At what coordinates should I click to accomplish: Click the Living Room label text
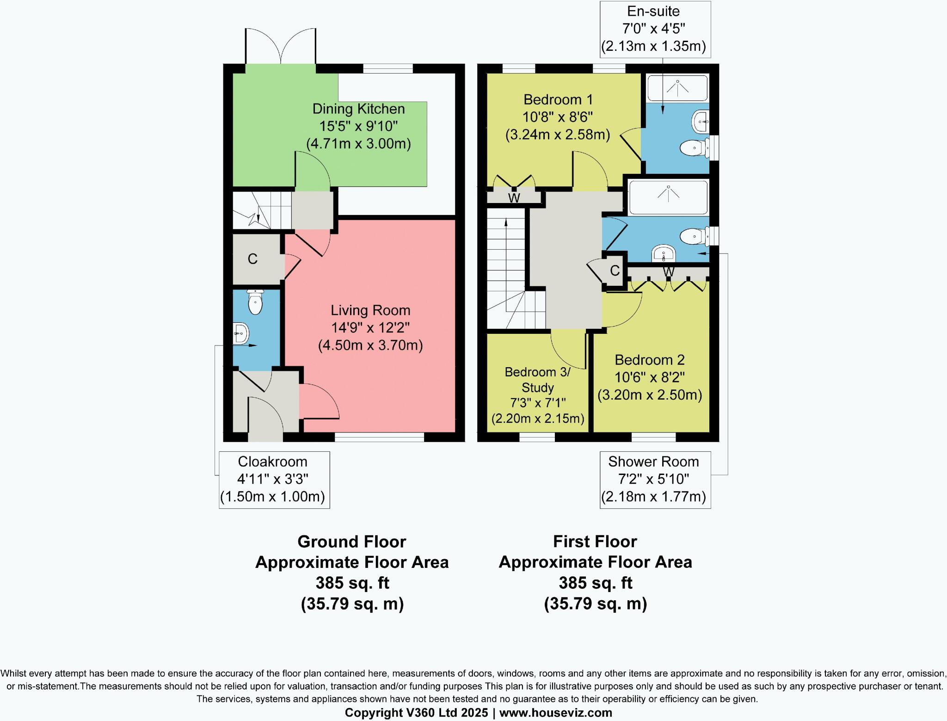click(x=370, y=310)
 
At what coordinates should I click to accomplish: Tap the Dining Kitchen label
click(x=358, y=109)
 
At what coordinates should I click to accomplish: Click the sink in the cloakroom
click(x=240, y=333)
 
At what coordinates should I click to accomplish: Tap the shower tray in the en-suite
click(x=677, y=88)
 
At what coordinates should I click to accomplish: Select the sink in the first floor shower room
click(x=664, y=253)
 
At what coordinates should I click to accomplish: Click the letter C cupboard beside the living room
click(x=252, y=259)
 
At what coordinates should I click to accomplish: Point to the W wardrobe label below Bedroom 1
click(x=514, y=198)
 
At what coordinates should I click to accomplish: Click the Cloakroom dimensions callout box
click(x=274, y=480)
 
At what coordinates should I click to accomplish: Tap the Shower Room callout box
click(x=655, y=480)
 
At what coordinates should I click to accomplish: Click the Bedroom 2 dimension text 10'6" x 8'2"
click(x=649, y=377)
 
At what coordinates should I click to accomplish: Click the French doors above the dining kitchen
click(x=281, y=46)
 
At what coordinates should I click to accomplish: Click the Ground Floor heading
click(x=351, y=541)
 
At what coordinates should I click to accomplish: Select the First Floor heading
click(x=595, y=541)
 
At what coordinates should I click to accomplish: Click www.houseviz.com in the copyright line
click(x=555, y=713)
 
